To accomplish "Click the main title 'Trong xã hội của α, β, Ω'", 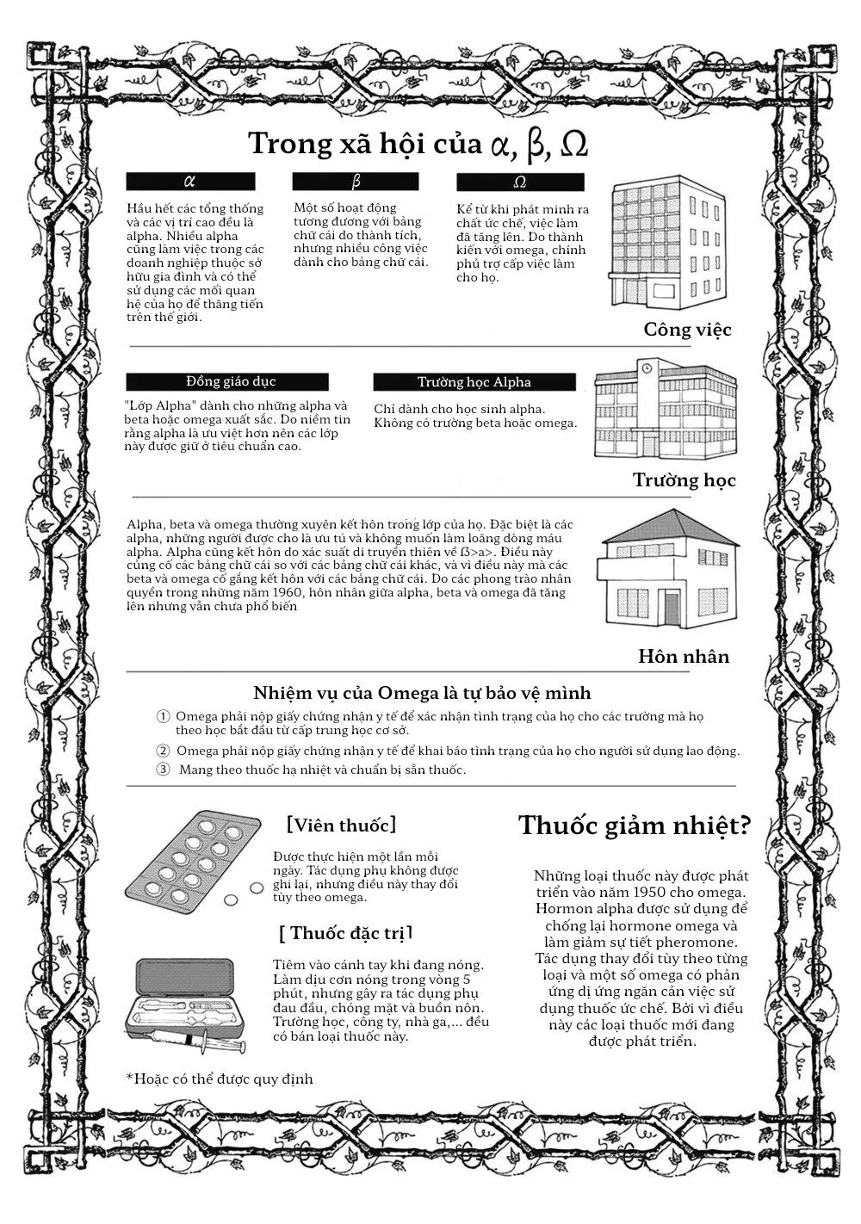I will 418,144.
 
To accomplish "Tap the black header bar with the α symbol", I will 190,182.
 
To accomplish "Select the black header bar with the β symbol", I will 356,182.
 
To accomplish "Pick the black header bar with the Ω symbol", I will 520,182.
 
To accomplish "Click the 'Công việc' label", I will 687,330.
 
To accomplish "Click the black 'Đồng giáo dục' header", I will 227,381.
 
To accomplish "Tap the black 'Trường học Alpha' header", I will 474,382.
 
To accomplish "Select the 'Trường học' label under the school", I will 684,480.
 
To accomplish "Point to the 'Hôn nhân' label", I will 684,657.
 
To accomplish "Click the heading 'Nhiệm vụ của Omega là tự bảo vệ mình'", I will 422,693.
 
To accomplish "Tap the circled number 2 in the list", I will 163,751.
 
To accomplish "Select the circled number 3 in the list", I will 163,770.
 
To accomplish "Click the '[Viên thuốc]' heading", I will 342,825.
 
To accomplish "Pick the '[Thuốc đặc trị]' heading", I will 345,933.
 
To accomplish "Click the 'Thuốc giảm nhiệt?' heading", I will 635,826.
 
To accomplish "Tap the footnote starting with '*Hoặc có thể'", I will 220,1079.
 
